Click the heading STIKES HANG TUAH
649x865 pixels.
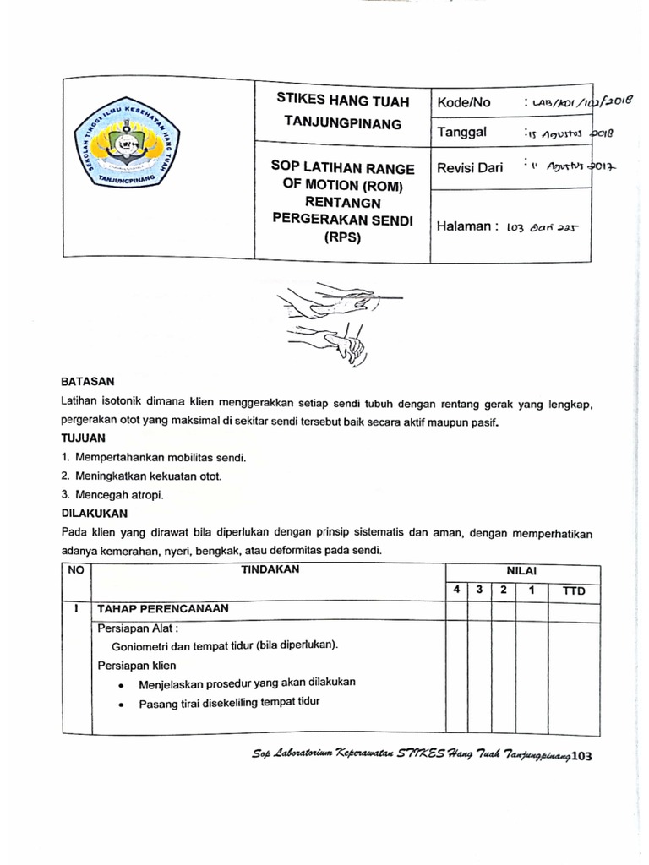coord(343,101)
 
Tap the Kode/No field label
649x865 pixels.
coord(464,102)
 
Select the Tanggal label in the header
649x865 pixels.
coord(461,132)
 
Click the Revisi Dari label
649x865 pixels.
coord(469,167)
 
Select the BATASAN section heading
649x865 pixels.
coord(87,382)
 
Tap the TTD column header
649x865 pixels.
coord(573,590)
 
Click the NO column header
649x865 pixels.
coord(76,570)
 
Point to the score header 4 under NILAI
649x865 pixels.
coord(455,590)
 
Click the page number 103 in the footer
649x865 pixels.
coord(582,757)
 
